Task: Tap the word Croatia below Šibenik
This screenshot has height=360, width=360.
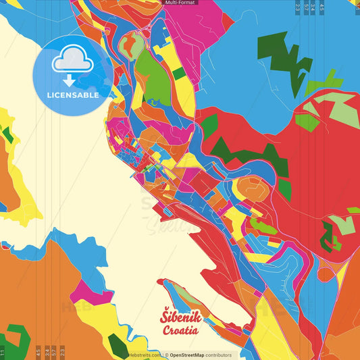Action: [180, 330]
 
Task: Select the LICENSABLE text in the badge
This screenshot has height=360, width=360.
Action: [73, 95]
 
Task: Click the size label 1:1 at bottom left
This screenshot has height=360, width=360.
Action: [3, 353]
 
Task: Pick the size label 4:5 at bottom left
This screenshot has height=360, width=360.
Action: [38, 353]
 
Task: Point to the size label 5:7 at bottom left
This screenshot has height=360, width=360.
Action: [53, 353]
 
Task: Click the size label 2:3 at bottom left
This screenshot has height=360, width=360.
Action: [62, 353]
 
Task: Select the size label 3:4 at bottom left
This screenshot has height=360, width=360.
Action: [46, 353]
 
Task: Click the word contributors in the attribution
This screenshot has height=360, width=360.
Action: [218, 355]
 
